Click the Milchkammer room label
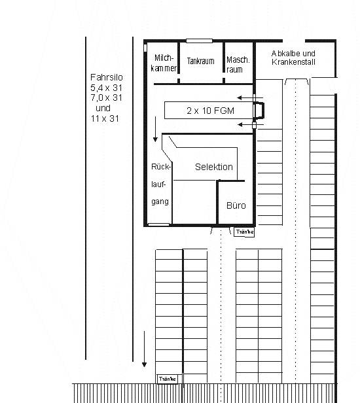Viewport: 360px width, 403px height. click(x=164, y=63)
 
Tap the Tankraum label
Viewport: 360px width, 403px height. click(x=200, y=61)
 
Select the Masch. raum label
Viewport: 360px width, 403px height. click(x=238, y=65)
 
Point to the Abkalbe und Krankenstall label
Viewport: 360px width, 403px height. click(x=293, y=58)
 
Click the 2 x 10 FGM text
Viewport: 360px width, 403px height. click(x=210, y=111)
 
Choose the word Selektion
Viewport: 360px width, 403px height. click(x=214, y=167)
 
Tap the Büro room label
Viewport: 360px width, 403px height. click(x=236, y=205)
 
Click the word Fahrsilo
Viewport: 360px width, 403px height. click(x=107, y=77)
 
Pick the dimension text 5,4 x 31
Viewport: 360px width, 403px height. click(x=106, y=88)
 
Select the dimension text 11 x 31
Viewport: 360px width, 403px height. click(x=105, y=118)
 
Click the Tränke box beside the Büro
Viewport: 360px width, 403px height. click(x=244, y=232)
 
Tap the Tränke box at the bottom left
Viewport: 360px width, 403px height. click(x=167, y=379)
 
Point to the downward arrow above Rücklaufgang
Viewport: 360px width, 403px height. click(x=155, y=129)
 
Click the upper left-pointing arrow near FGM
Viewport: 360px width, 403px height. click(x=250, y=97)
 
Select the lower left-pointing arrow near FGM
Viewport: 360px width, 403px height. click(x=251, y=125)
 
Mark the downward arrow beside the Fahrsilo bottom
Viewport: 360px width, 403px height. click(x=144, y=349)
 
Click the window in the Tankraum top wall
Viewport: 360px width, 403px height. click(x=199, y=41)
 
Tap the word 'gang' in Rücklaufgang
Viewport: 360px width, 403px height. click(x=160, y=201)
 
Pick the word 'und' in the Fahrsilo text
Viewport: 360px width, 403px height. click(x=103, y=108)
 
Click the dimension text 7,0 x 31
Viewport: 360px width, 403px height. click(x=106, y=97)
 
